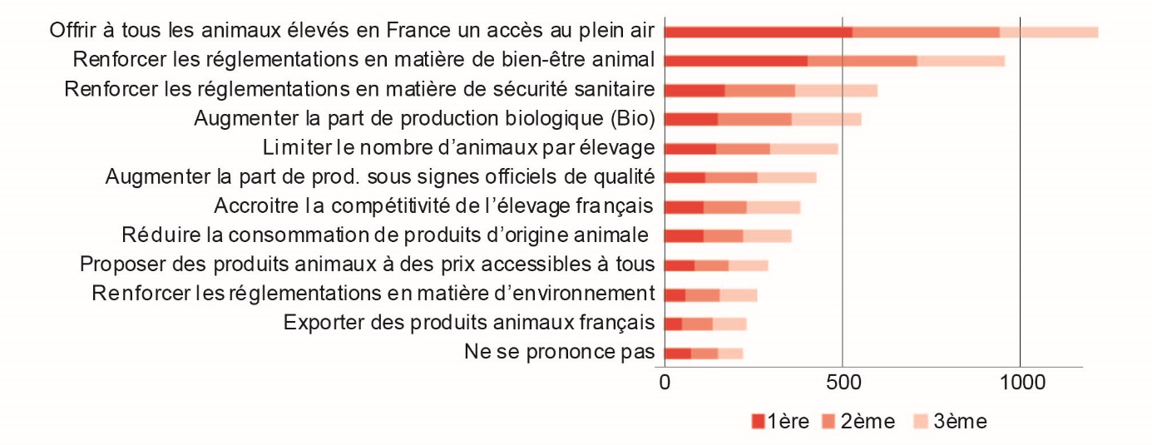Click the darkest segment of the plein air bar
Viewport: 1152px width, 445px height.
(759, 32)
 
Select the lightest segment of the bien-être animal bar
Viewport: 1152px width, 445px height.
(961, 61)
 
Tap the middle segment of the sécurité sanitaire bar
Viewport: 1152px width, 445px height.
(759, 90)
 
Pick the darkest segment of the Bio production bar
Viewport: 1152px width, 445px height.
(691, 119)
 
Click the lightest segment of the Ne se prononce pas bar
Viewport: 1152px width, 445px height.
(730, 353)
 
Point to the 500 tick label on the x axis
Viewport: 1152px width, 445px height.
(842, 383)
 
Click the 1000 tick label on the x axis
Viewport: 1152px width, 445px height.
(1020, 383)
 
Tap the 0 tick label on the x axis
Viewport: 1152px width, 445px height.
(665, 383)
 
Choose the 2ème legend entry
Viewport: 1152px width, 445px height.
(858, 422)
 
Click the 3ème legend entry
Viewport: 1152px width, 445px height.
(951, 422)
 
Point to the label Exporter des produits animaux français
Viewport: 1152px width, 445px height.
(469, 323)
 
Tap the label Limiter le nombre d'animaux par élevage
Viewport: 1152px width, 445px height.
(458, 148)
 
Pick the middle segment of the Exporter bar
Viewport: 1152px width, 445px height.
(697, 324)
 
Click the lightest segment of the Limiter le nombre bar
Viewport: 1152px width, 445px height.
(803, 148)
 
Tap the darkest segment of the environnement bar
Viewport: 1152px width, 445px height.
(675, 294)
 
